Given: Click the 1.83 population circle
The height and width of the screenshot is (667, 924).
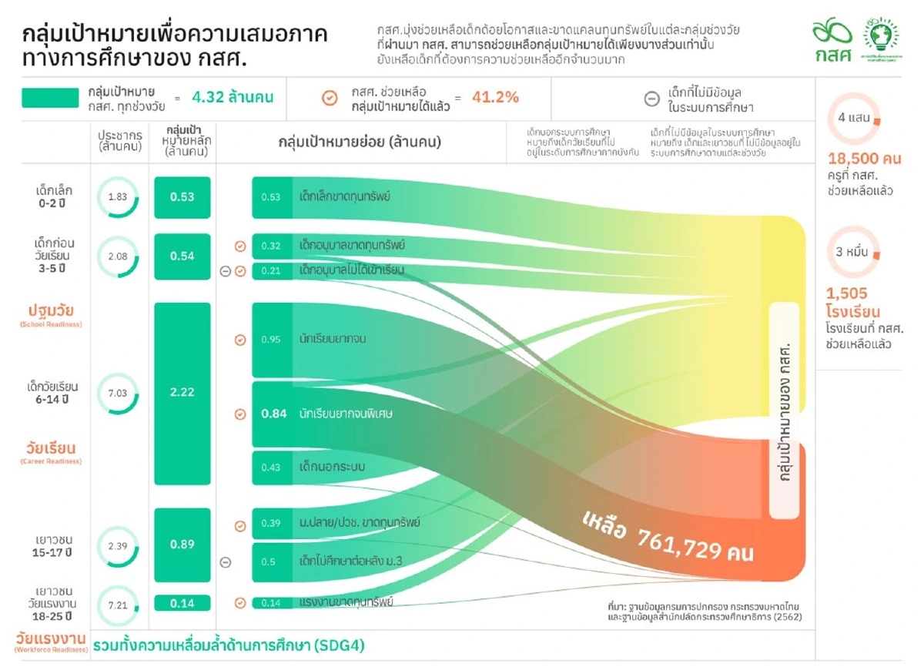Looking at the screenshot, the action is [x=118, y=197].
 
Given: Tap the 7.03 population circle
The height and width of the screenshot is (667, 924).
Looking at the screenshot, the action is [x=118, y=394].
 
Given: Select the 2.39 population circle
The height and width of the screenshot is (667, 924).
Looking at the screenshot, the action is [x=118, y=545].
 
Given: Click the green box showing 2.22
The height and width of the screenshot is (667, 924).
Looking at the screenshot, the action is [x=182, y=392].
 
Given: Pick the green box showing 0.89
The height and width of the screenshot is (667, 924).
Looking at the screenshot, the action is [x=182, y=545].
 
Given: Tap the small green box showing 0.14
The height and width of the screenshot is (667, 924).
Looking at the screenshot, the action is [x=182, y=603].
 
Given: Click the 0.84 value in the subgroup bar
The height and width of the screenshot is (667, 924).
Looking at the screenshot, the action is [x=274, y=414].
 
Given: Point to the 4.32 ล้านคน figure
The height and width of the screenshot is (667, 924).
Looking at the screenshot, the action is [x=233, y=98].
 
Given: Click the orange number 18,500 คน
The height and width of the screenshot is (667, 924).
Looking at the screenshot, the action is [x=865, y=159].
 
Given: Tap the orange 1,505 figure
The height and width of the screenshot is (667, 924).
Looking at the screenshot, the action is [x=847, y=293].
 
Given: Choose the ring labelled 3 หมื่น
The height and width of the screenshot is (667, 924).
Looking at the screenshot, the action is [x=853, y=253].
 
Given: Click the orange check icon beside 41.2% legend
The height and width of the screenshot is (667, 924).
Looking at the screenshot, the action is [x=330, y=98].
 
